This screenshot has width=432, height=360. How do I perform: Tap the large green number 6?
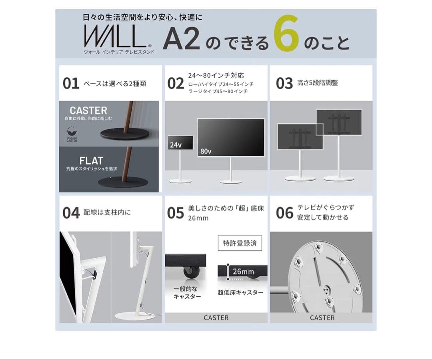[x=287, y=37]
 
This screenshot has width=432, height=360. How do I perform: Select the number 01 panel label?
[x=71, y=84]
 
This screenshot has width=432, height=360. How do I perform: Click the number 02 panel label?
[x=175, y=84]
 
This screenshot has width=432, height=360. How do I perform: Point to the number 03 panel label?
[x=284, y=84]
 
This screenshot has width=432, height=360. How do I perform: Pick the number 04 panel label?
[x=71, y=213]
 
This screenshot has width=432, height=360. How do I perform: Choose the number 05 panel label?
[x=175, y=213]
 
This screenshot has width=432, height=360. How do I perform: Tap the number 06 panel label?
[x=284, y=213]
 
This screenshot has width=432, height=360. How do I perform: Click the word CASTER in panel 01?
[x=88, y=111]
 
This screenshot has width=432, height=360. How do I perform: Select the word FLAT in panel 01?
[x=91, y=161]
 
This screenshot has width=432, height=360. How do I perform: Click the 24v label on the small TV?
[x=176, y=145]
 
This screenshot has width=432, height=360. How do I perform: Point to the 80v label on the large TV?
[x=206, y=152]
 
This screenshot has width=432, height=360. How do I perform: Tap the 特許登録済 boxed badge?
[x=240, y=243]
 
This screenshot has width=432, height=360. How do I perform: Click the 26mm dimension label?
[x=243, y=272]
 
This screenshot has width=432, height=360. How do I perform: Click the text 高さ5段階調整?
[x=318, y=83]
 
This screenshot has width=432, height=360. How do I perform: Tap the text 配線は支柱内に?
[x=107, y=212]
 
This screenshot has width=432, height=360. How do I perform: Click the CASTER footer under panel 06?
[x=322, y=318]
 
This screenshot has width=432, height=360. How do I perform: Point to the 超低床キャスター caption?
[x=240, y=292]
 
